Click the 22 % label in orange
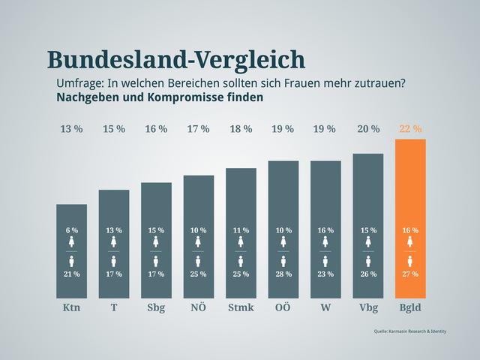(x=410, y=129)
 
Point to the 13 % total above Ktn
(x=71, y=129)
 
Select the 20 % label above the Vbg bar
(x=368, y=129)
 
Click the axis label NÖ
(x=198, y=308)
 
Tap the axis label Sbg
(x=156, y=308)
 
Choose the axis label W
(x=325, y=308)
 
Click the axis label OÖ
(x=283, y=308)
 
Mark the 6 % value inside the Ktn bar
(x=71, y=230)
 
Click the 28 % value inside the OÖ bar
(x=283, y=274)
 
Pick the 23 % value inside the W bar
(x=325, y=274)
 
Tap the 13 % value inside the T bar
(x=114, y=230)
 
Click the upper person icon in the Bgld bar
(x=410, y=241)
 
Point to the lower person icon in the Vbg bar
(x=368, y=261)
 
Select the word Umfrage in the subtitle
(x=81, y=82)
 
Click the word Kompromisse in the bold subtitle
(x=193, y=97)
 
